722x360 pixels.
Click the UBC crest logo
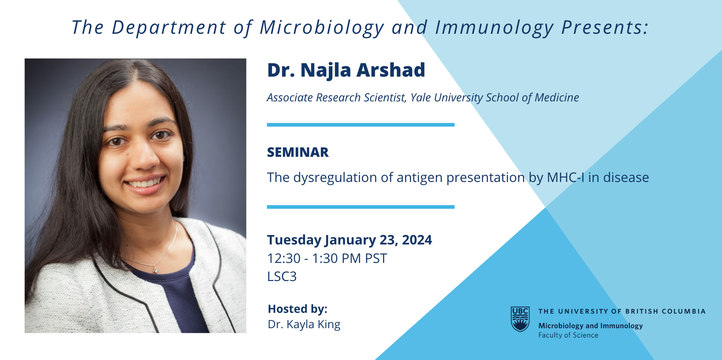pyautogui.click(x=520, y=319)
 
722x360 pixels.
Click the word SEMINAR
pyautogui.click(x=298, y=152)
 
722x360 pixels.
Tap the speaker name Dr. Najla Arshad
pyautogui.click(x=346, y=70)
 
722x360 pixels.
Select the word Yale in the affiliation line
pyautogui.click(x=421, y=97)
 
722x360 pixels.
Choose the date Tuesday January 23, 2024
pyautogui.click(x=350, y=240)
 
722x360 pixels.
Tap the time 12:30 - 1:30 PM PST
pyautogui.click(x=327, y=259)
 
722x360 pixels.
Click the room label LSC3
pyautogui.click(x=282, y=277)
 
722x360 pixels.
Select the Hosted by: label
pyautogui.click(x=298, y=309)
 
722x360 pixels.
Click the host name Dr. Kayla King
pyautogui.click(x=304, y=325)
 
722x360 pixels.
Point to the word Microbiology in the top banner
pyautogui.click(x=322, y=28)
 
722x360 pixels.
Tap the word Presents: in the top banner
pyautogui.click(x=605, y=28)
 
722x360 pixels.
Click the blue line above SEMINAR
pyautogui.click(x=361, y=125)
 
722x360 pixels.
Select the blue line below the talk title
pyautogui.click(x=361, y=207)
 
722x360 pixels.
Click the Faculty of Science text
pyautogui.click(x=568, y=335)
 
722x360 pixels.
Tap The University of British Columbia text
pyautogui.click(x=622, y=311)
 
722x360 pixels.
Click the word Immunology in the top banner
pyautogui.click(x=494, y=28)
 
